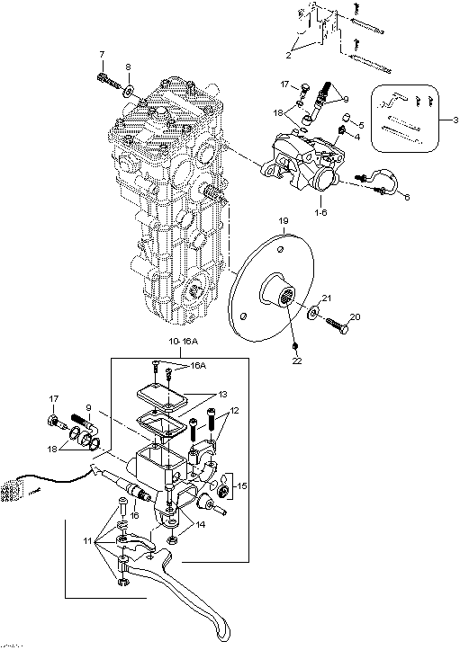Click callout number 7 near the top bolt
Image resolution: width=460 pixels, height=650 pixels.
(102, 54)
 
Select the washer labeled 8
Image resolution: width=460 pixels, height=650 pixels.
(129, 90)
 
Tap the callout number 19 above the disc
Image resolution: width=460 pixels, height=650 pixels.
(284, 220)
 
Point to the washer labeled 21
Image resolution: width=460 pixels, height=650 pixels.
(313, 313)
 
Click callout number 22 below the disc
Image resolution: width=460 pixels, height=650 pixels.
(297, 361)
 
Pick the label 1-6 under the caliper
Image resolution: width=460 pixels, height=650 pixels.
(320, 212)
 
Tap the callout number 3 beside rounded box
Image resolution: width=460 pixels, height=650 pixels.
(455, 120)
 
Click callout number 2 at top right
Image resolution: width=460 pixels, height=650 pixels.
(289, 56)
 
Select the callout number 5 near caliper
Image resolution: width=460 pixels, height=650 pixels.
(361, 124)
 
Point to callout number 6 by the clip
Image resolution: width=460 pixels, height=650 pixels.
(407, 197)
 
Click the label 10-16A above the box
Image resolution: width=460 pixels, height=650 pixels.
(183, 342)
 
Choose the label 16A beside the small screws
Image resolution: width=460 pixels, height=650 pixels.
(198, 366)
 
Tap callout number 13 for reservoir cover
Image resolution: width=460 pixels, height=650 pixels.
(222, 395)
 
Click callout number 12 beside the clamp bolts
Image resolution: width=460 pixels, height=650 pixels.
(234, 411)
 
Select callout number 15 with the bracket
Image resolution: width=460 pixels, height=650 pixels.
(241, 485)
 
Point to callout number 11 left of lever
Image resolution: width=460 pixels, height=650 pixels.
(87, 541)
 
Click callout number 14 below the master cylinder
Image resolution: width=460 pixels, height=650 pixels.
(201, 524)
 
